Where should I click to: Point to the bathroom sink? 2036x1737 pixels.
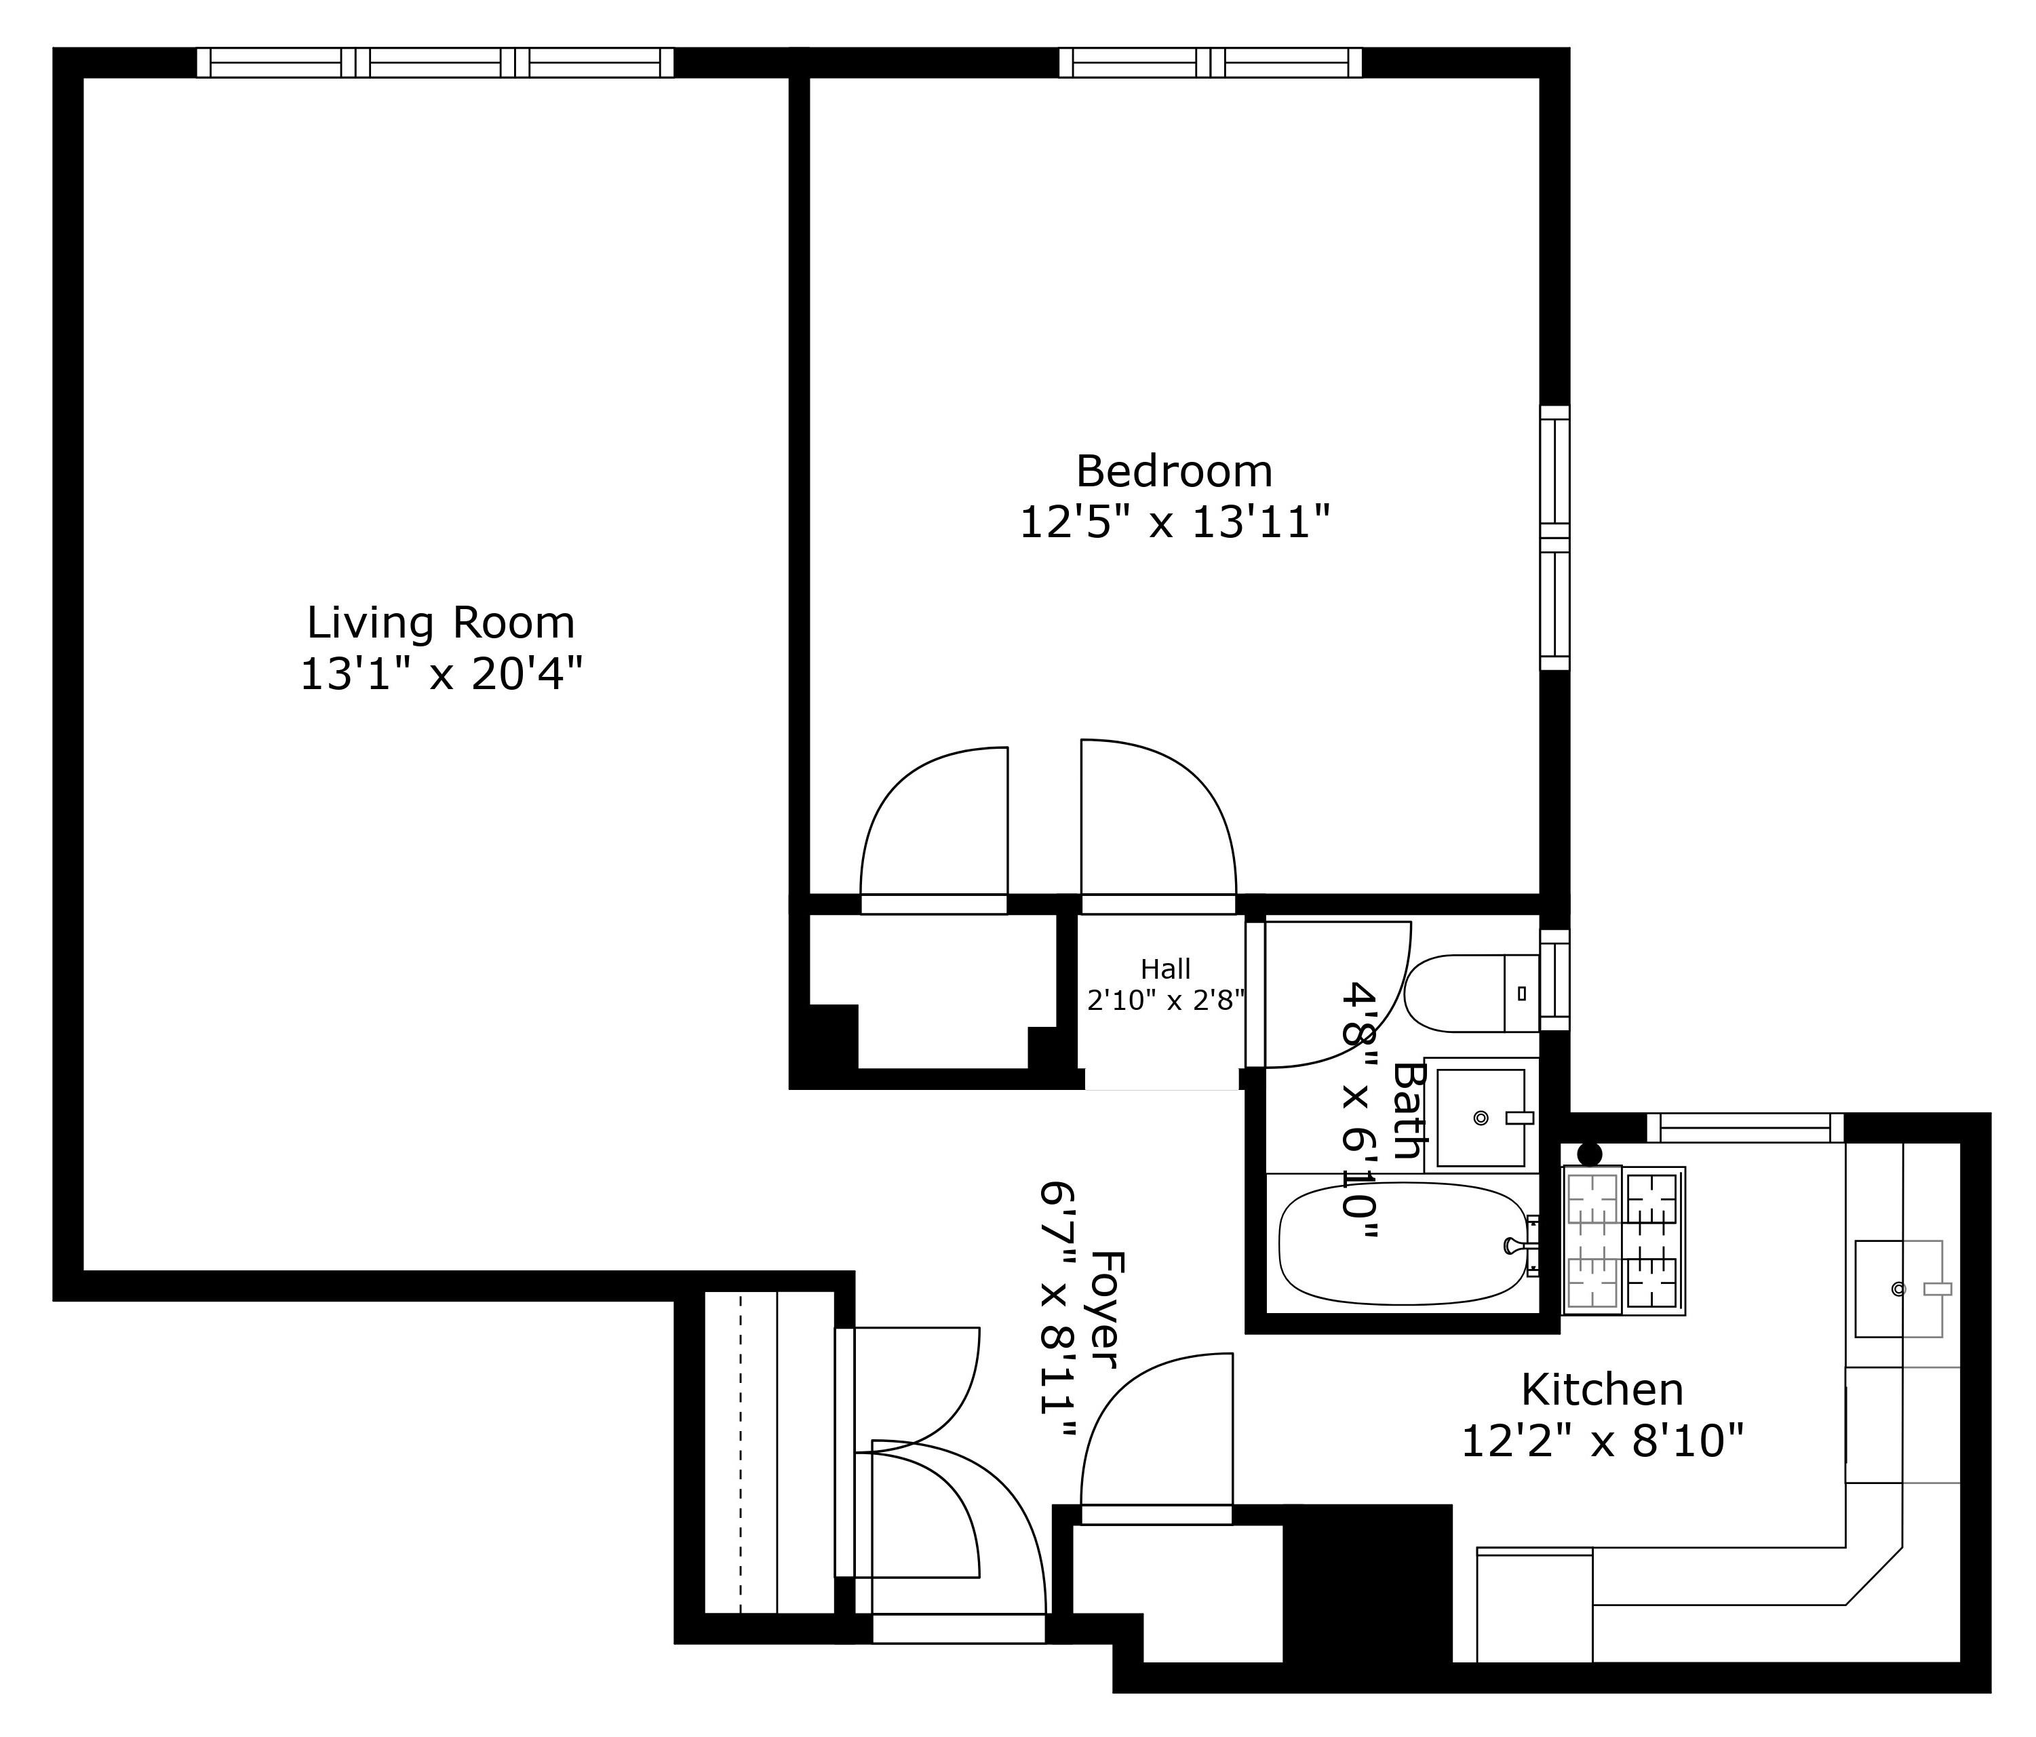(1481, 1117)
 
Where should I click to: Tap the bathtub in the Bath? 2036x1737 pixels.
(1405, 1244)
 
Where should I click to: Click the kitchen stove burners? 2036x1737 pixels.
(1623, 1240)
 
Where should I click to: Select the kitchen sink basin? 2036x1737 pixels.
(1898, 1288)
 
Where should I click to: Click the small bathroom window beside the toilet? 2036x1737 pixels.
(1554, 979)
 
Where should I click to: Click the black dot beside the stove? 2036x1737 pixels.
(1589, 1154)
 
